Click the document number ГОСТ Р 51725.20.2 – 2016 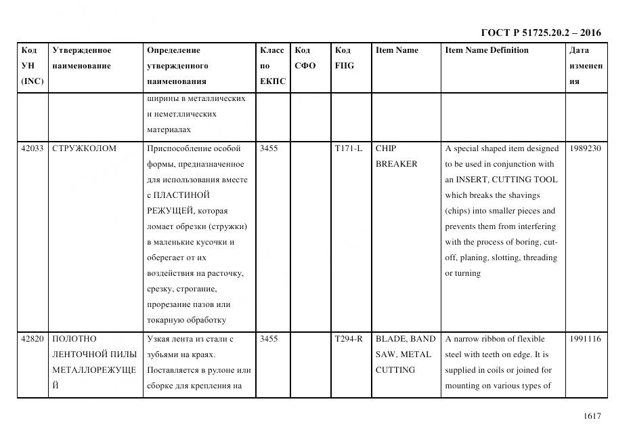coord(540,33)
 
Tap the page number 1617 coord(592,416)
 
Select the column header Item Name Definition coord(486,50)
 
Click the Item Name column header coord(397,50)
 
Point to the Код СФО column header coord(305,58)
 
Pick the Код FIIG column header coord(344,58)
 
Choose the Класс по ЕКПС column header coord(272,66)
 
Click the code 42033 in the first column coord(32,148)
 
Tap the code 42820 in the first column coord(32,339)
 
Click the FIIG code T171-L coord(349,148)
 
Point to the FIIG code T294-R coord(349,339)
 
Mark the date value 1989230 coord(585,148)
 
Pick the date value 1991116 coord(585,339)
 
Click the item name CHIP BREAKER coord(396,156)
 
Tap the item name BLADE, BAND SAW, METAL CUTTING coord(405,354)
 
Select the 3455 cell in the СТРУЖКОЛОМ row coord(269,148)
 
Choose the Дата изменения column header coord(586,66)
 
